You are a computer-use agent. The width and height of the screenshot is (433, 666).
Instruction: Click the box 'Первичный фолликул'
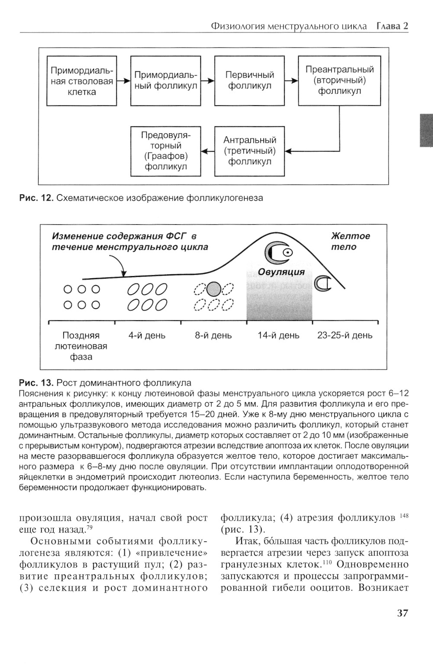[250, 80]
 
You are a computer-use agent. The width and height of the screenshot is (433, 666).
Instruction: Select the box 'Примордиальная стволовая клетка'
[82, 80]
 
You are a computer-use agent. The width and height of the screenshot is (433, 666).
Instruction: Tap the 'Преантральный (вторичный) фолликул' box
[339, 80]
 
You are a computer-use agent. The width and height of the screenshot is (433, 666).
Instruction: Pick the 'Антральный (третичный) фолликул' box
[250, 151]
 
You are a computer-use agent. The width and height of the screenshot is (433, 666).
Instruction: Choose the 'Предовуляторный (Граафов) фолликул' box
[166, 151]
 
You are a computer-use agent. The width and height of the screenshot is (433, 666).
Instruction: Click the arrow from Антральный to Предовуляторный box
[208, 151]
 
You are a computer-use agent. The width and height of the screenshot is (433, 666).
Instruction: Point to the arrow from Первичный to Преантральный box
[291, 81]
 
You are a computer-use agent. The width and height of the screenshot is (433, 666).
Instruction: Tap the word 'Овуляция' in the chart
[281, 272]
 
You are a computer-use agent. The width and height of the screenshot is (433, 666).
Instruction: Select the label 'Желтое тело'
[350, 241]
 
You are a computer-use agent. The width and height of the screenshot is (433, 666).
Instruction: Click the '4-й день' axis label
[147, 335]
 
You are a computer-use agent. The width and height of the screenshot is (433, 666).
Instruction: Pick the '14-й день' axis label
[278, 335]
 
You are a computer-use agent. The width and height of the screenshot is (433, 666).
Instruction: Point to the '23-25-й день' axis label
[345, 335]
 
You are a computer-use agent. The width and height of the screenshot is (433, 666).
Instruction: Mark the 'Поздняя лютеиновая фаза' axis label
[81, 346]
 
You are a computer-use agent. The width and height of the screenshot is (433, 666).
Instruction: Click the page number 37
[402, 613]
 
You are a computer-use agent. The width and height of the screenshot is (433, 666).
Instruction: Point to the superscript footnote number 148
[404, 516]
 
